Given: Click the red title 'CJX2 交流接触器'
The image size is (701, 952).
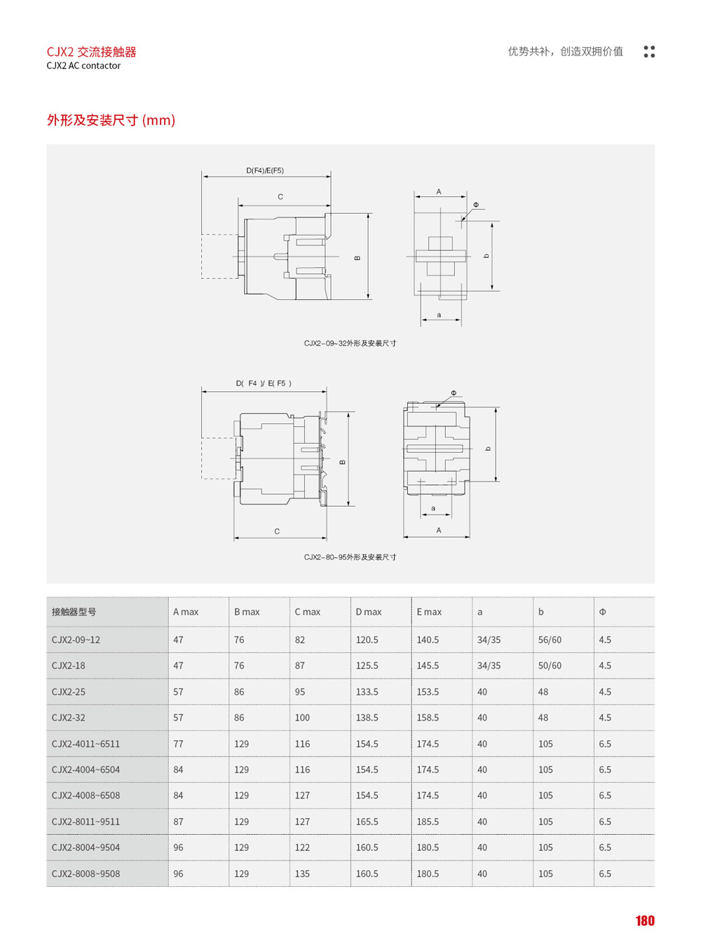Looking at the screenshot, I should point(91,52).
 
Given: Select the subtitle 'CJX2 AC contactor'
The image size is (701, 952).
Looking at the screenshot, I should point(83,66).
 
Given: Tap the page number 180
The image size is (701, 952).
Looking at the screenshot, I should point(644,921).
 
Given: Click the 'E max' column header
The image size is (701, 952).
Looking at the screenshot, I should point(429,612).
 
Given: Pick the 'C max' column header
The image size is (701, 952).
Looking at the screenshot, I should point(307,612).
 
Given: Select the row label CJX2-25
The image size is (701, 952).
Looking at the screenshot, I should point(69,692).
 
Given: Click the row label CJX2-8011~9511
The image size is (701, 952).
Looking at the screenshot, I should point(86,822).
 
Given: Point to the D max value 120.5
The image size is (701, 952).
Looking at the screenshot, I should point(367,640).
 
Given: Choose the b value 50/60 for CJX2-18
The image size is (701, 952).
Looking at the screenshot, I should point(550,666).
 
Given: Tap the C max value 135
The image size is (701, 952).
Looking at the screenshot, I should point(302,874).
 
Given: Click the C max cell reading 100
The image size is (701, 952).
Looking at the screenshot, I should point(302,718).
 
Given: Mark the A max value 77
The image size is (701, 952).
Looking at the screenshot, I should point(178,744).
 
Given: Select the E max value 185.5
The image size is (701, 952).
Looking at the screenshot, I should point(428,822).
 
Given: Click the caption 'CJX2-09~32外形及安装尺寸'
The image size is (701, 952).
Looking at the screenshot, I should point(350,344).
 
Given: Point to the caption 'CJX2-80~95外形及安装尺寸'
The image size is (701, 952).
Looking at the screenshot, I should point(350,557).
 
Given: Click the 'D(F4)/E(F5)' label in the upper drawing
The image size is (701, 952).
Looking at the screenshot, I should point(265,171).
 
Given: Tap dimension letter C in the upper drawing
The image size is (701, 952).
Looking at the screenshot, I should point(280,197).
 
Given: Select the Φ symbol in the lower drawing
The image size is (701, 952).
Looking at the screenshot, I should point(454,393).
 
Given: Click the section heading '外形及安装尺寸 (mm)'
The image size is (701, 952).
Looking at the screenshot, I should point(111,121).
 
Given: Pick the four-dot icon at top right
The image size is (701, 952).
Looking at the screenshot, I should point(649,52).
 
